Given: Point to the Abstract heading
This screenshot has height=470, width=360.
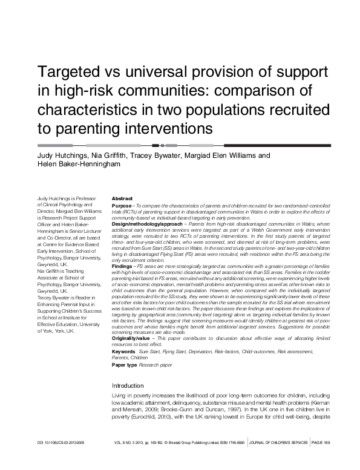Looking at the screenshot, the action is [122, 198].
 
